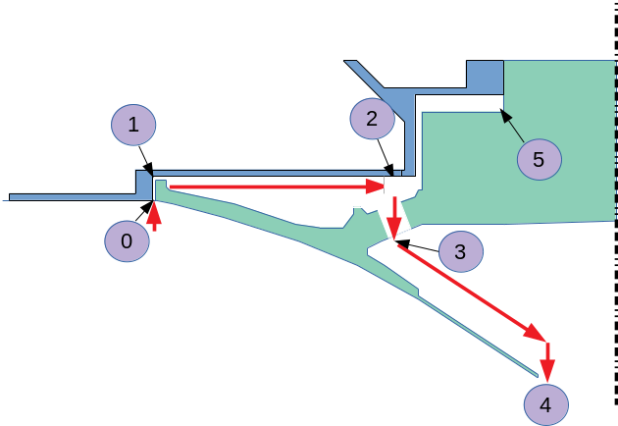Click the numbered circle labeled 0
[x=127, y=240]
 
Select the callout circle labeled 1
[x=133, y=125]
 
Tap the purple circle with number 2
[x=372, y=119]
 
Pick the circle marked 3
[x=460, y=252]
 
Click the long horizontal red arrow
[x=275, y=185]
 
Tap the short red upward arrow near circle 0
[x=154, y=215]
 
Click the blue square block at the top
[x=484, y=77]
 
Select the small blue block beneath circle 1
[x=143, y=184]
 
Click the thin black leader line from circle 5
[x=512, y=125]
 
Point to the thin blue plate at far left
[x=69, y=196]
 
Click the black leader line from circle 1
[x=143, y=160]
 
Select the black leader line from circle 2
[x=384, y=156]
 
